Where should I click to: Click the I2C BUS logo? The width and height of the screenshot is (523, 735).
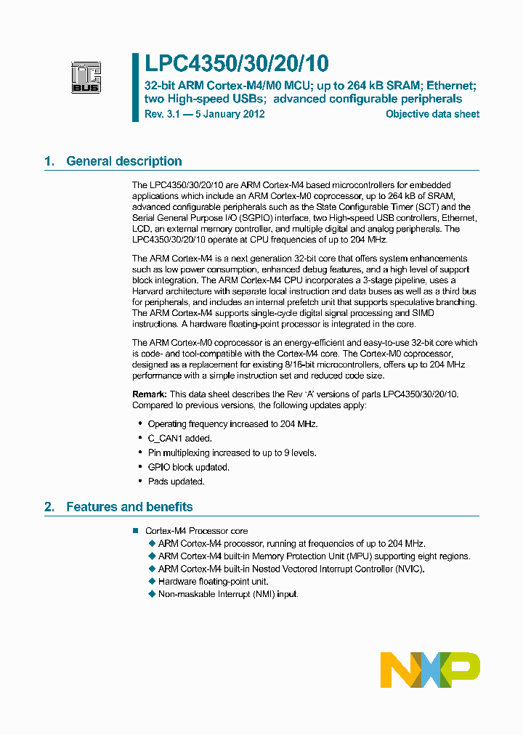[x=86, y=76]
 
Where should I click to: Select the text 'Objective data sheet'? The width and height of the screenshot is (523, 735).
[x=432, y=114]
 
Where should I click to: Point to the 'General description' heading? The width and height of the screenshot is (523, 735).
[x=124, y=161]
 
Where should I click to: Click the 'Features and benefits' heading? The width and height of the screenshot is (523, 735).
[x=129, y=507]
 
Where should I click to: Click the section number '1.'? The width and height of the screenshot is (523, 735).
[x=49, y=161]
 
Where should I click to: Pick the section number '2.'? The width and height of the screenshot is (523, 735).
[x=49, y=507]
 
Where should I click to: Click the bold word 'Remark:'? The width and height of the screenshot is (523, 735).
[x=150, y=394]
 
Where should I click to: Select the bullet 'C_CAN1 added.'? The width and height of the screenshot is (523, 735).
[x=180, y=438]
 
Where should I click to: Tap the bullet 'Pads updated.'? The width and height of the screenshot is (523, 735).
[x=176, y=481]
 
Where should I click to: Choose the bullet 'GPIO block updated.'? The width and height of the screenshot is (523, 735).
[x=188, y=467]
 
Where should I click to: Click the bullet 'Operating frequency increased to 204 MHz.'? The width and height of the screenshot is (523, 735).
[x=232, y=423]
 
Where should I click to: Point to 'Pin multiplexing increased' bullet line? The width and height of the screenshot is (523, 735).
[x=232, y=452]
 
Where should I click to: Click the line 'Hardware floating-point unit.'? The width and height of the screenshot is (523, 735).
[x=213, y=581]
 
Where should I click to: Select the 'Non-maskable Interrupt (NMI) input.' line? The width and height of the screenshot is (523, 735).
[x=228, y=594]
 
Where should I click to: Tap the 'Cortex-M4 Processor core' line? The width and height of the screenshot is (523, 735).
[x=196, y=531]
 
